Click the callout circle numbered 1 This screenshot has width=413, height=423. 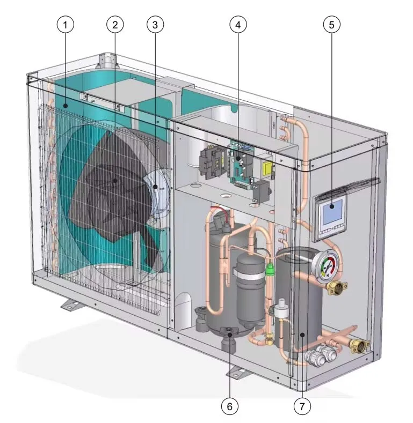pyautogui.click(x=65, y=25)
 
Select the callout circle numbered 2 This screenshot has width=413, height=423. pyautogui.click(x=115, y=25)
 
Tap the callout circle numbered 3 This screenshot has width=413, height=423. pyautogui.click(x=155, y=25)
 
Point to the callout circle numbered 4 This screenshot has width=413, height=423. pyautogui.click(x=238, y=25)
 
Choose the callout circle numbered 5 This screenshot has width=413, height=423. pyautogui.click(x=332, y=25)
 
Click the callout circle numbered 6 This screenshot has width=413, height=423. pyautogui.click(x=229, y=406)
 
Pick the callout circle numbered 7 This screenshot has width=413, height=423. pyautogui.click(x=302, y=406)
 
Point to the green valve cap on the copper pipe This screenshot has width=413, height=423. pyautogui.click(x=269, y=269)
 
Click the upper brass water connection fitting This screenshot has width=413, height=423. pyautogui.click(x=337, y=288)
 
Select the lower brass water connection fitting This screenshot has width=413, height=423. pyautogui.click(x=359, y=346)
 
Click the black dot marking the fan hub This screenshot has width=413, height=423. pyautogui.click(x=115, y=181)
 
